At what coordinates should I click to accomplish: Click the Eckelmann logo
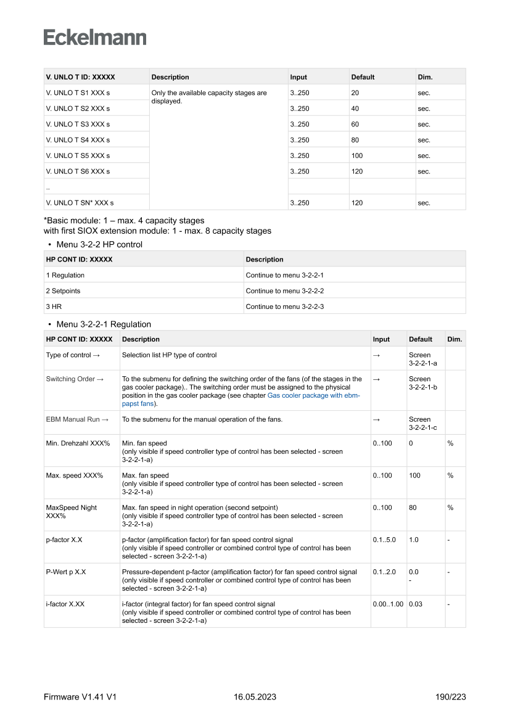(95, 37)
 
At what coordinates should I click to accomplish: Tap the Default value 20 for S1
(355, 93)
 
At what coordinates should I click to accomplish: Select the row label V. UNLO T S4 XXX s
(78, 140)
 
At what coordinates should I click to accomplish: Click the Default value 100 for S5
(357, 156)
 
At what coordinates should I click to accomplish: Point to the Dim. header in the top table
(425, 77)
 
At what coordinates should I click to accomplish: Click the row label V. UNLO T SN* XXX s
(80, 202)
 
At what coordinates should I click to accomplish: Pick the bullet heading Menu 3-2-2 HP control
(99, 244)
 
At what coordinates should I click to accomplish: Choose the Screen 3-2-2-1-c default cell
(422, 423)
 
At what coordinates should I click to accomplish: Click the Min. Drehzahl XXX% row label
(78, 443)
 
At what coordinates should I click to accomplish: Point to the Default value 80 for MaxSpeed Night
(413, 508)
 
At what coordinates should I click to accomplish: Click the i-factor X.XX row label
(65, 604)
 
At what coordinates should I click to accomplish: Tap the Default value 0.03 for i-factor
(416, 604)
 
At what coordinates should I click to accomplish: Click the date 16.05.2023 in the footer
(255, 697)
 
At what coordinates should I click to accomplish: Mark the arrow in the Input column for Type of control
(376, 355)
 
